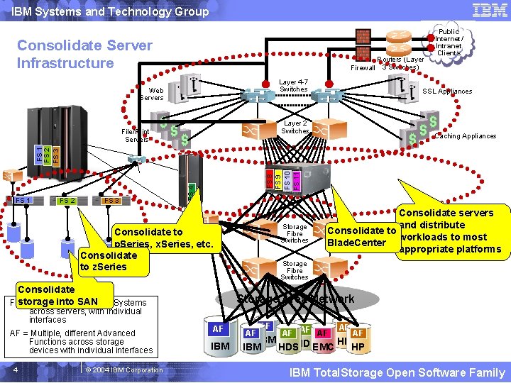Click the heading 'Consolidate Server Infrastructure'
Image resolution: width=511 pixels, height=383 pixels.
pos(84,54)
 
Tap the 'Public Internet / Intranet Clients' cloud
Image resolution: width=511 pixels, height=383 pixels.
pos(449,42)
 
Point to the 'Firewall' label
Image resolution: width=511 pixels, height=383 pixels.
pos(363,68)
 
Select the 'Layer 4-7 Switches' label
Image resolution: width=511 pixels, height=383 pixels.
pos(293,86)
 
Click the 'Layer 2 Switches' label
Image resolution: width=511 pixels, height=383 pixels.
pos(295,127)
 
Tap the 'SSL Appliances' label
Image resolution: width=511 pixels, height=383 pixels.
pos(447,91)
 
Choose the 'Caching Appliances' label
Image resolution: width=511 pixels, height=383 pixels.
pos(466,136)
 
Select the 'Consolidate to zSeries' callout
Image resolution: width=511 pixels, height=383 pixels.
pos(108,261)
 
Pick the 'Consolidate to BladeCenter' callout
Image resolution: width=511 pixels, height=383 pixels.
pos(361,237)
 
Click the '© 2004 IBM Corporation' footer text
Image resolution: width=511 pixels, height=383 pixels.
pos(123,370)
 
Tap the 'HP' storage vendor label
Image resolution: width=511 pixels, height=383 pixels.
pos(358,348)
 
